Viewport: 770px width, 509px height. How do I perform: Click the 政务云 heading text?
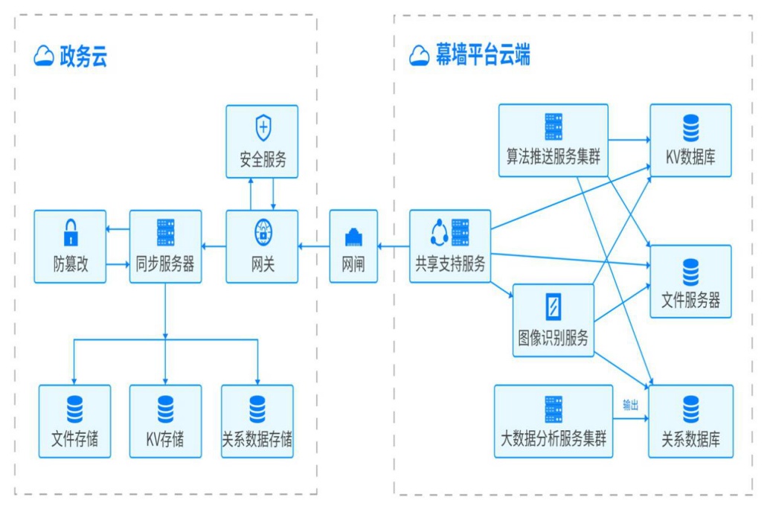point(83,57)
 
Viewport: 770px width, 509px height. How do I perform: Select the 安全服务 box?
point(262,141)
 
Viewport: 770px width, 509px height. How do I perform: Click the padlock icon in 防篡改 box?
point(70,232)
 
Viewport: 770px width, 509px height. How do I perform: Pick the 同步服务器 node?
point(165,246)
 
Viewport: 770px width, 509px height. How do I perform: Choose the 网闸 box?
point(353,246)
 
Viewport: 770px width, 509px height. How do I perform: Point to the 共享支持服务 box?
point(450,246)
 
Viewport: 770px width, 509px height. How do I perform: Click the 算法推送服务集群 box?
point(553,141)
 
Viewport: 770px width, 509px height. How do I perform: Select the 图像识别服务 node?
point(553,320)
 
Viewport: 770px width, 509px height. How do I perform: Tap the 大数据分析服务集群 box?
point(554,420)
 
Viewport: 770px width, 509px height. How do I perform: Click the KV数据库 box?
point(690,141)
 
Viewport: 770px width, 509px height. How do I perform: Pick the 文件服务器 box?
point(690,281)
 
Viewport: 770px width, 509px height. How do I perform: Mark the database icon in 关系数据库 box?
point(691,409)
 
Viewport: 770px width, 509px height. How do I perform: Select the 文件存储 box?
point(74,420)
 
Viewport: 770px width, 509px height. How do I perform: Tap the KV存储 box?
point(165,420)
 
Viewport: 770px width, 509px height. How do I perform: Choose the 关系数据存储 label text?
point(257,440)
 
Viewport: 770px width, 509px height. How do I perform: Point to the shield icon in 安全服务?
point(263,127)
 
